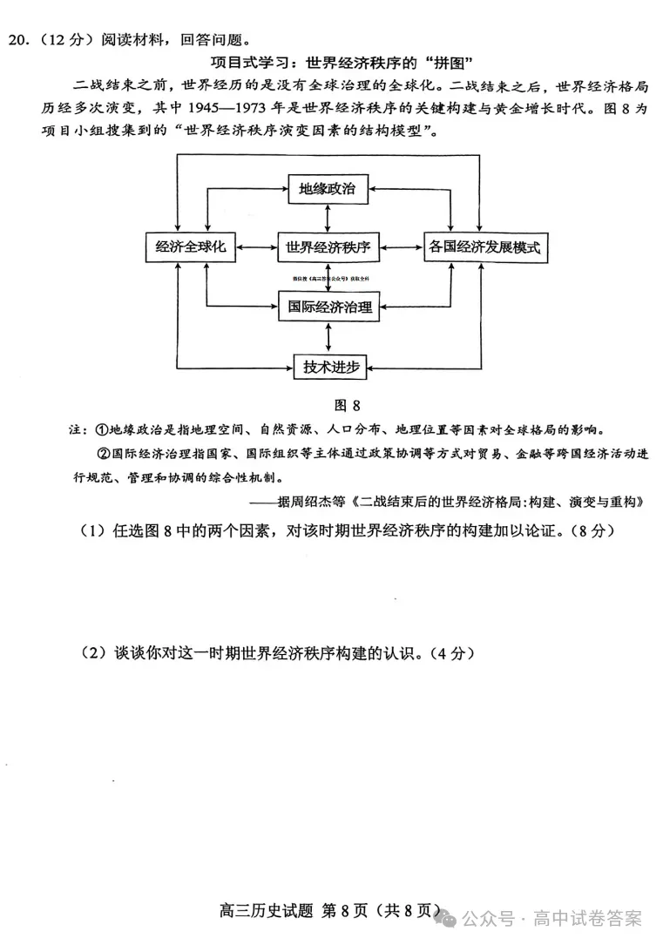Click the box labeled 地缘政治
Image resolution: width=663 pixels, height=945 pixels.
click(328, 189)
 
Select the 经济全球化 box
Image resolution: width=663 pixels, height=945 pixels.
click(190, 247)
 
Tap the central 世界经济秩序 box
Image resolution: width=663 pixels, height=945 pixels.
click(328, 247)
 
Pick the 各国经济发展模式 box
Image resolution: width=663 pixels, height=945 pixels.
click(484, 247)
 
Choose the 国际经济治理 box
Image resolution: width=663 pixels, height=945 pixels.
click(328, 307)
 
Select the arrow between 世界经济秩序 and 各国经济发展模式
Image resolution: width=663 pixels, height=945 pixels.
click(401, 247)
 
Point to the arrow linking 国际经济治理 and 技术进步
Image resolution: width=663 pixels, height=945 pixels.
click(328, 336)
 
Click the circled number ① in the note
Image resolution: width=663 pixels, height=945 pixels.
click(100, 430)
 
